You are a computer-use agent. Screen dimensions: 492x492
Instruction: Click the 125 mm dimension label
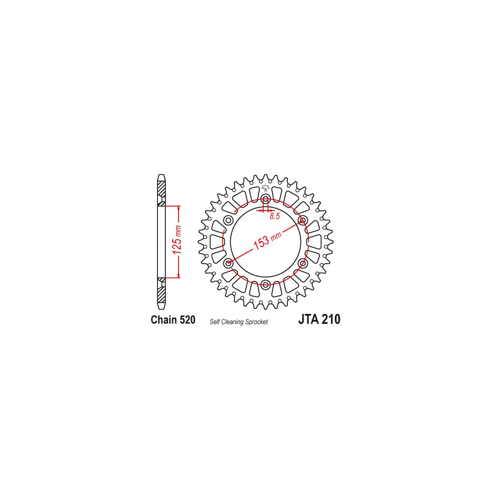click(177, 240)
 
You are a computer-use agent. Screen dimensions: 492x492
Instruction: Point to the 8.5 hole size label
click(275, 216)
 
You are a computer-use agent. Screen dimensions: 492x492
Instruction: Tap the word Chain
click(164, 319)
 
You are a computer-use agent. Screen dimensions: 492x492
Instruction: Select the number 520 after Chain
click(188, 319)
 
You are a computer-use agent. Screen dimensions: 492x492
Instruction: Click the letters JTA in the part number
click(309, 319)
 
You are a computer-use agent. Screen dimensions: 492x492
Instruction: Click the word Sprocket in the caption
click(257, 322)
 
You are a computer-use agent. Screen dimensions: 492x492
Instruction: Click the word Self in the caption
click(215, 322)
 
